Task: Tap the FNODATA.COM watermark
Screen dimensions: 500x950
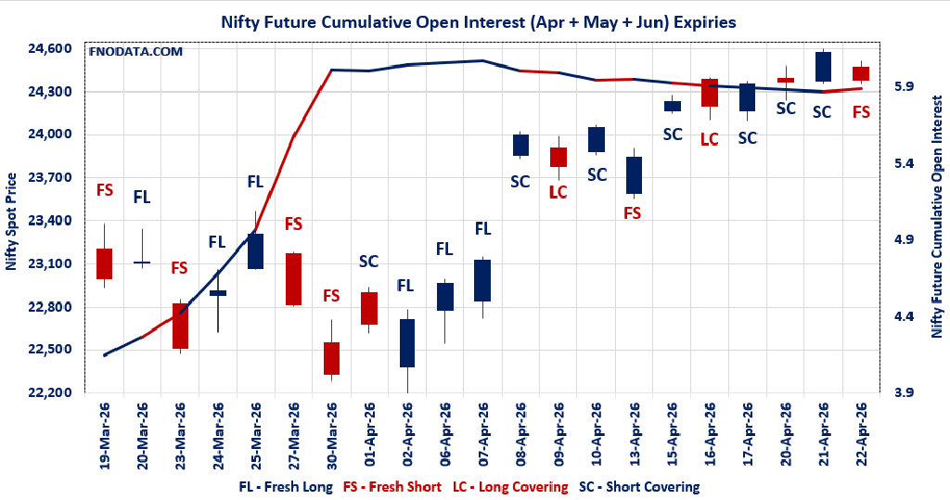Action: (135, 52)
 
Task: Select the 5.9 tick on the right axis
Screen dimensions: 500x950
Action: (904, 86)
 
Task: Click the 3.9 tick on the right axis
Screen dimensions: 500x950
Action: (904, 392)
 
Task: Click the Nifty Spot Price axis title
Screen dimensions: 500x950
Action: (12, 220)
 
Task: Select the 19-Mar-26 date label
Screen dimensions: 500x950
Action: (105, 435)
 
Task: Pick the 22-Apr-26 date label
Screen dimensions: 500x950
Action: (861, 435)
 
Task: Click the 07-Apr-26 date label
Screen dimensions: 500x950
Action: (482, 435)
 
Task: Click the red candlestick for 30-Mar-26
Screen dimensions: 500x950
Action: (331, 358)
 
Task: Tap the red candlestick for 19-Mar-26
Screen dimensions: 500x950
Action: (104, 263)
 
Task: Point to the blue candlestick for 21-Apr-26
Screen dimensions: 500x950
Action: (823, 67)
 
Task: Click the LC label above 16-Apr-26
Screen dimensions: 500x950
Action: (710, 139)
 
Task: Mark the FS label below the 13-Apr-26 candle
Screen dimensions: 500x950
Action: (633, 212)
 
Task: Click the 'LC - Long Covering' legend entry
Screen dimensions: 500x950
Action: (509, 486)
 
